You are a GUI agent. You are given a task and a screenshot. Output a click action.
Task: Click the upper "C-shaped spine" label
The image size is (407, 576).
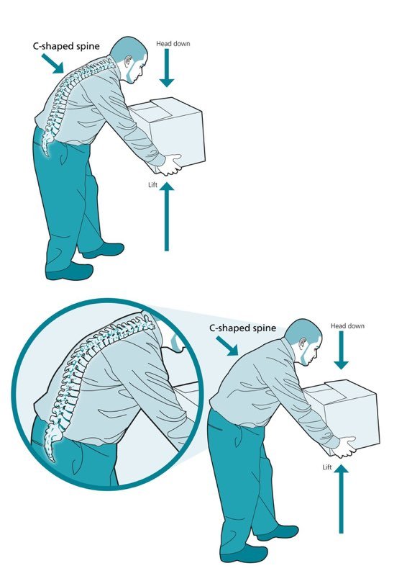pos(66,47)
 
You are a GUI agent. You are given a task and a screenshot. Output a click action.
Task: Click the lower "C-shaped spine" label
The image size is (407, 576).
pos(242,328)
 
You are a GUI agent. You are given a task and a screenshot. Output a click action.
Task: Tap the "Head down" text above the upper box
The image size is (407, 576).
pos(173,44)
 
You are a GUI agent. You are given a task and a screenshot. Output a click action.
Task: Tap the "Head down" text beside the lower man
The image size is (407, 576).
pos(347,326)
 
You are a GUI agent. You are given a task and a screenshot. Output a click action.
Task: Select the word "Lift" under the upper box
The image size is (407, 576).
pos(152,185)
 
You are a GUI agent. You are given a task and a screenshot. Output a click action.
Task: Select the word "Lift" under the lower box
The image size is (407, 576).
pos(327,467)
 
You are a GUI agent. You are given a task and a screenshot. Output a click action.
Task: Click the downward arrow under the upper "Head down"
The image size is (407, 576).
pos(167,68)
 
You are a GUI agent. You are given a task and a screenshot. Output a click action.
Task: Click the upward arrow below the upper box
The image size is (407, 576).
pos(167,217)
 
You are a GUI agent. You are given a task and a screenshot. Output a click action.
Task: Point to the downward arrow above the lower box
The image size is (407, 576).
pos(341,351)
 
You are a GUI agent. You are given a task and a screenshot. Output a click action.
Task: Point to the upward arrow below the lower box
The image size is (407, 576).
pos(341,498)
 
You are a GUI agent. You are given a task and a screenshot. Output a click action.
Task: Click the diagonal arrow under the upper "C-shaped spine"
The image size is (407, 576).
pos(53,63)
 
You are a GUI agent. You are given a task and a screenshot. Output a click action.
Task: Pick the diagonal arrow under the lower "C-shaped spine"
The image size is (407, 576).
pos(227,346)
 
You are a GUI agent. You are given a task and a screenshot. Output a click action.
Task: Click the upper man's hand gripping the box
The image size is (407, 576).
pos(170,165)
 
